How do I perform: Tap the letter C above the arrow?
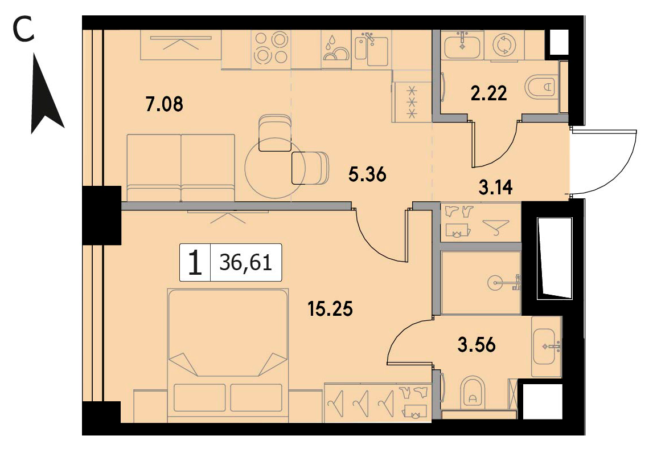pos(24,30)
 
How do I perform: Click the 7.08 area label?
pos(164,104)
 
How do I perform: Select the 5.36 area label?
pos(367,174)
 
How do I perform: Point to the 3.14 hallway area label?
pos(495,188)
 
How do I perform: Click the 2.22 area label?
pos(489,93)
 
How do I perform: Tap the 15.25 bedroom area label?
pos(330,309)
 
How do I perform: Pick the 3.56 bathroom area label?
pos(477,345)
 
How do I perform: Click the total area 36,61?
pos(246,263)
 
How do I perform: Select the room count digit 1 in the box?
pos(195,263)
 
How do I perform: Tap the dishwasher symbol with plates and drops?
pos(336,49)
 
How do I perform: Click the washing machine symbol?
pos(504,44)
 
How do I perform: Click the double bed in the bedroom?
pos(228,355)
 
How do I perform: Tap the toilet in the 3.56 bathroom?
pos(473,392)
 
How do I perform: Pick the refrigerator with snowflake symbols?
pos(412,101)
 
